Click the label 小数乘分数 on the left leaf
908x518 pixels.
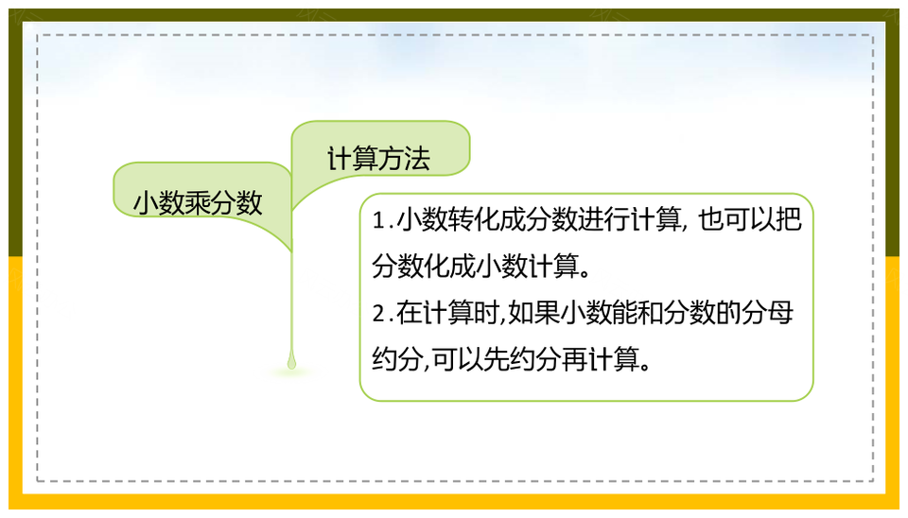(198, 203)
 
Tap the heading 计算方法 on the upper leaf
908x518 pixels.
(378, 159)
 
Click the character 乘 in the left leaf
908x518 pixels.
(198, 203)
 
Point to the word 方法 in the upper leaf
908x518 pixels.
(405, 159)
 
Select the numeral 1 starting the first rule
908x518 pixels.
(378, 221)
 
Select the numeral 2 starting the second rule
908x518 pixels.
(378, 314)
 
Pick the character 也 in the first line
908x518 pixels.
(711, 220)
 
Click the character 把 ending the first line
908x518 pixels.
(789, 220)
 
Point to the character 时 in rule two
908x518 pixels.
(485, 314)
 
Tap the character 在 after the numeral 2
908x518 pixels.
(409, 314)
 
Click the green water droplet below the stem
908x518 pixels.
(291, 361)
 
